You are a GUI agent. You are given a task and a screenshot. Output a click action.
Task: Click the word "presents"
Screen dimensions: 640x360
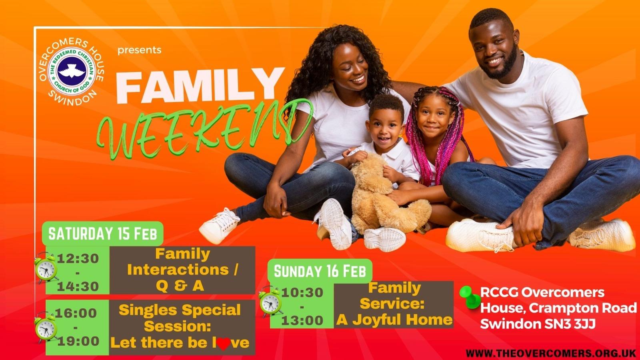point(140,50)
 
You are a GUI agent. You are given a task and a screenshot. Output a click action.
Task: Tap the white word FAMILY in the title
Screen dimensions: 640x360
point(200,86)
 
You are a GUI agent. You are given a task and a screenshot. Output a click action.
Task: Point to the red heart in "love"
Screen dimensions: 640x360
point(224,344)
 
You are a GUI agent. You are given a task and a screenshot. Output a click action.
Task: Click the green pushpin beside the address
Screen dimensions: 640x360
point(470,297)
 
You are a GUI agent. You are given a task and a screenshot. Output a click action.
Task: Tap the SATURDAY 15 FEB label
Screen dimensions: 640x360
point(103,234)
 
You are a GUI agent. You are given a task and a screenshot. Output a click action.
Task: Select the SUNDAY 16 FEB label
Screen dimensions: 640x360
point(320,271)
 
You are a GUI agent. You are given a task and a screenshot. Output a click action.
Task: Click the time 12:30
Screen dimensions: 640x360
point(78,259)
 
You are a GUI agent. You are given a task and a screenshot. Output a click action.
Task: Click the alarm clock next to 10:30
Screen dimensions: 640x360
point(270,302)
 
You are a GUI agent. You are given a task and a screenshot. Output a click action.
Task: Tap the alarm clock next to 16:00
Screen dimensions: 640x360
point(46,328)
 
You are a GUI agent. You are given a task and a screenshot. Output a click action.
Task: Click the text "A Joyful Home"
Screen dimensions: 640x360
point(394,320)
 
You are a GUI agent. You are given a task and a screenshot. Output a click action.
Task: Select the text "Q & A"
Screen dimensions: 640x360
point(180,286)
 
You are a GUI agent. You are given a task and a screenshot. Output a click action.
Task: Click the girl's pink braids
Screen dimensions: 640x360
point(442,134)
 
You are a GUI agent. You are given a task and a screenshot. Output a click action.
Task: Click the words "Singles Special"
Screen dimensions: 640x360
point(180,310)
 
